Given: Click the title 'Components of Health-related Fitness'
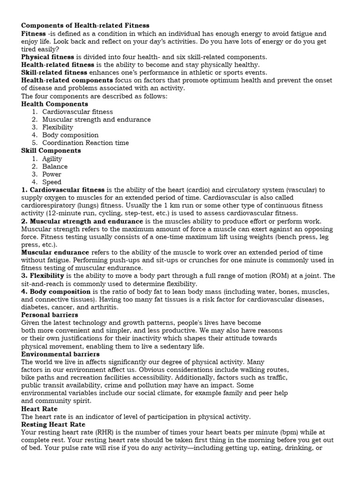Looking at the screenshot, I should [x=85, y=25].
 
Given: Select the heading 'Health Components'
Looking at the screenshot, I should [x=54, y=104].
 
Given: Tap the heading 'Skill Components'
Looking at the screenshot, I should [x=51, y=150].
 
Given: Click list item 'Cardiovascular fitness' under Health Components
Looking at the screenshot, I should [x=77, y=112].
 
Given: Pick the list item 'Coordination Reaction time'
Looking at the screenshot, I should [x=85, y=142].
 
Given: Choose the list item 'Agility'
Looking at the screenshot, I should [x=52, y=158].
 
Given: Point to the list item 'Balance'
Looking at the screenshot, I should [x=55, y=166].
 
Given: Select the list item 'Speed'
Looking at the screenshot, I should [x=52, y=182].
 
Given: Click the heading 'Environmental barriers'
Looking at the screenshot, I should [x=60, y=354].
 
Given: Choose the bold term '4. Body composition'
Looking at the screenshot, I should [x=56, y=292].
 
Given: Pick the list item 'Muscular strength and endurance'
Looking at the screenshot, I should [x=97, y=119].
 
